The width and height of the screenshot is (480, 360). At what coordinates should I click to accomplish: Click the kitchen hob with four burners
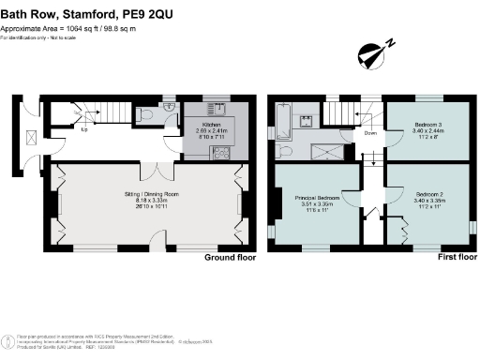pyautogui.click(x=223, y=153)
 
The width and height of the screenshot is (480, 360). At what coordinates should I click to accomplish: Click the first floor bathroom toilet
pyautogui.click(x=287, y=150)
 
